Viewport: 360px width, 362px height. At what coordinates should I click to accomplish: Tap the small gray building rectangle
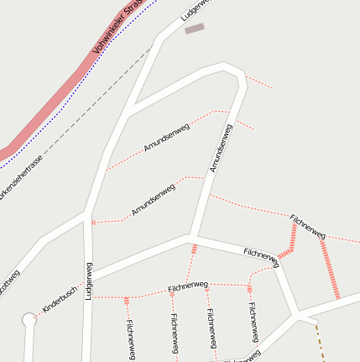(x=195, y=29)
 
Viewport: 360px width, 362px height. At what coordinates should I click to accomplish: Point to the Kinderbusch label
(x=60, y=299)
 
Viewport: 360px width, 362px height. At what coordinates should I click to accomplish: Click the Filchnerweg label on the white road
(x=260, y=254)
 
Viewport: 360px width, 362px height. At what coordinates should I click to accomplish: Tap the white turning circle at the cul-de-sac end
(x=29, y=320)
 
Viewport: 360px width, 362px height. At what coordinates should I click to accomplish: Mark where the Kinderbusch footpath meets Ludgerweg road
(x=87, y=296)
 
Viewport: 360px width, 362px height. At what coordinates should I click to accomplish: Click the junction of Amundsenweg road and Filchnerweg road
(x=192, y=236)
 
